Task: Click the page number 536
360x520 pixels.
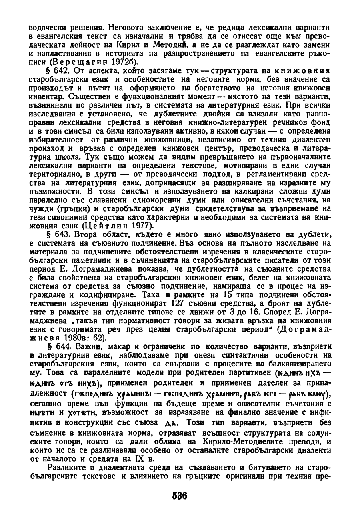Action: point(180,495)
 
